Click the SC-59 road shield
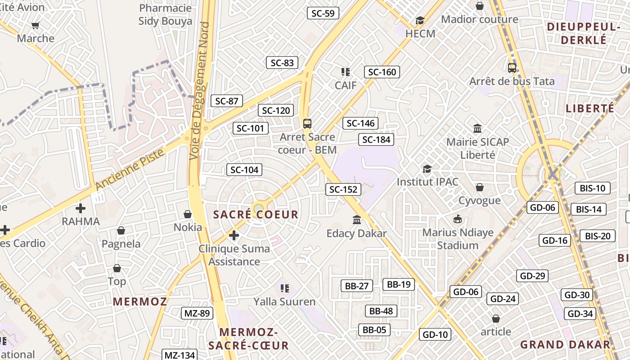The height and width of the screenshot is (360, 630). [x=323, y=13]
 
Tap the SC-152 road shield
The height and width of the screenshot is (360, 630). [x=343, y=189]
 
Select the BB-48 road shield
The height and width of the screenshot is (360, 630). [x=381, y=311]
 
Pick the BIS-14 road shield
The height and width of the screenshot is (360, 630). [x=589, y=209]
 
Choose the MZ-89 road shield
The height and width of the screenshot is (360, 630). [x=197, y=313]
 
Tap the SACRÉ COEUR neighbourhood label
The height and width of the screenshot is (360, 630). [x=256, y=215]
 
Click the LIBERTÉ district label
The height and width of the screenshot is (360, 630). [x=590, y=108]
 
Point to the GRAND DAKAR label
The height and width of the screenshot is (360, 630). [x=566, y=345]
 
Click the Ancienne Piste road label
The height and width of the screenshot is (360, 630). [x=130, y=169]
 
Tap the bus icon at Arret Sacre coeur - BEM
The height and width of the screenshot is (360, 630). [x=307, y=124]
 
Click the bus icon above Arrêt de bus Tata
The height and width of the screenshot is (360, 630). [x=512, y=68]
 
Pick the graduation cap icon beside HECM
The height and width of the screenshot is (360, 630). [x=420, y=20]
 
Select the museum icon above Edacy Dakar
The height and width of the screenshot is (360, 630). [x=357, y=220]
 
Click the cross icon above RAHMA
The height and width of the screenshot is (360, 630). [x=81, y=208]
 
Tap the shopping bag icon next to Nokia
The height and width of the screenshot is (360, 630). [x=188, y=214]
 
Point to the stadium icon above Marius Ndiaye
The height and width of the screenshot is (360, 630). [x=458, y=219]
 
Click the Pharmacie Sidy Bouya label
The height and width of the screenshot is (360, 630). [x=165, y=14]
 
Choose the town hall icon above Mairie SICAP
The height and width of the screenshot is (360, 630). [x=477, y=129]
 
